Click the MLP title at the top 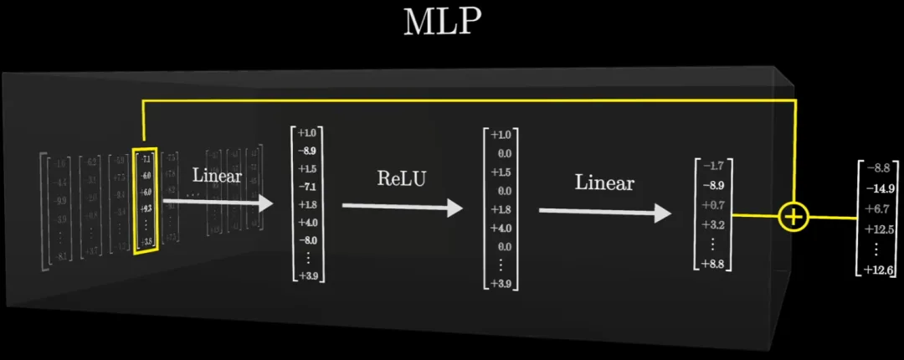(443, 23)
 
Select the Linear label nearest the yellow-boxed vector (218, 176)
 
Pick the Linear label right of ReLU (604, 183)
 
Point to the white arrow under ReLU (402, 207)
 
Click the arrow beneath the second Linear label (604, 212)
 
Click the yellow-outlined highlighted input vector (146, 198)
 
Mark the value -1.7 (714, 166)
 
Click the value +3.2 (714, 224)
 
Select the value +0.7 (714, 205)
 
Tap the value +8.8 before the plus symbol (714, 265)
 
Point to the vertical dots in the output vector (877, 249)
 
